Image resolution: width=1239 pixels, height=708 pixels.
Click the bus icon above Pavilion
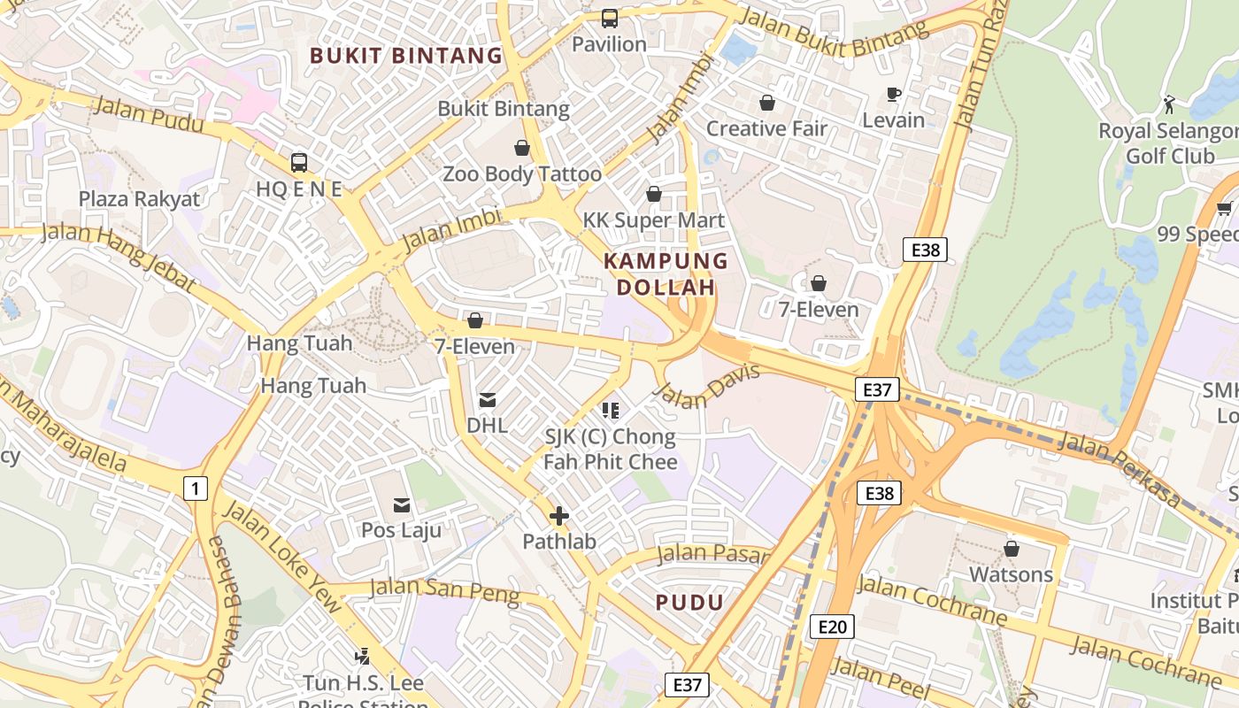pos(609,18)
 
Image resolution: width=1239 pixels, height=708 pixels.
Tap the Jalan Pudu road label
pos(148,115)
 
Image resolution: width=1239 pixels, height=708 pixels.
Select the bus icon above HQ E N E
pos(299,163)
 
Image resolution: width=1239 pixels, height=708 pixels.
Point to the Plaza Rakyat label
pos(140,198)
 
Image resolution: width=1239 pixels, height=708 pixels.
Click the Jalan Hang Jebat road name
pos(119,256)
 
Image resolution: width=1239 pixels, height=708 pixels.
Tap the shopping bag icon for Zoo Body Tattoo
pos(522,148)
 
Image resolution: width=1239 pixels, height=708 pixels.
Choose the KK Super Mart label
pos(654,220)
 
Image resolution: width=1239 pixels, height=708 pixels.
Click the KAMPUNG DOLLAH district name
pos(666,274)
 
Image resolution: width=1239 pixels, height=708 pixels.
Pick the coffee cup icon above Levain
pos(894,94)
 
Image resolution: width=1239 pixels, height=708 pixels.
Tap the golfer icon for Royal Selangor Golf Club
pos(1169,104)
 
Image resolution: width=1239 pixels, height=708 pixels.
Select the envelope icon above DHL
pos(487,400)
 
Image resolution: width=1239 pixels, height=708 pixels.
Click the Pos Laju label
pos(401,530)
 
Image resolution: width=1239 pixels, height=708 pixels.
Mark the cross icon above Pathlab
pos(558,515)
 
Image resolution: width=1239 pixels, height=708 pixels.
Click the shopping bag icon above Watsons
pos(1011,549)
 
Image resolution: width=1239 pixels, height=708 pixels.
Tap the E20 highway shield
pos(832,627)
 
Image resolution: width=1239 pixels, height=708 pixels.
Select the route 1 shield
pos(195,487)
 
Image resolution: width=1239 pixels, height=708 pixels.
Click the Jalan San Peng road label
pos(444,590)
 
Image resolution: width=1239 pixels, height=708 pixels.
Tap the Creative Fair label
pos(766,128)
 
